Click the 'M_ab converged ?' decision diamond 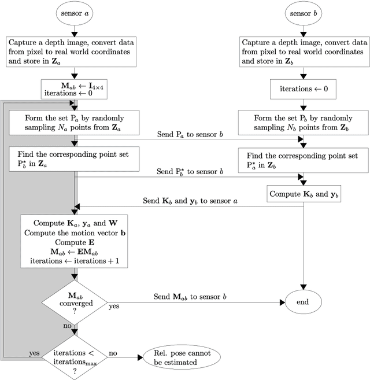pos(74,301)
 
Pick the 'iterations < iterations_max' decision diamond pos(74,357)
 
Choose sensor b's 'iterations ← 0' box pos(304,90)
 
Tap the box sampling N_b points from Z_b pos(304,124)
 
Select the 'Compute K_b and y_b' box pos(304,193)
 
